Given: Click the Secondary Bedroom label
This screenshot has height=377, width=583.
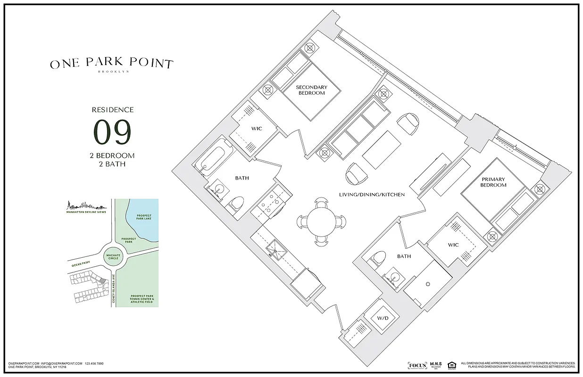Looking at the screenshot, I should pyautogui.click(x=311, y=90).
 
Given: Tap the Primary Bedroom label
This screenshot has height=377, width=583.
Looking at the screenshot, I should pyautogui.click(x=493, y=182).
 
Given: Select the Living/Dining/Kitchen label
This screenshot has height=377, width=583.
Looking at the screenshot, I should pyautogui.click(x=372, y=194).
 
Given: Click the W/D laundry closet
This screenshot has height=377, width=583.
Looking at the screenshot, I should pyautogui.click(x=383, y=318).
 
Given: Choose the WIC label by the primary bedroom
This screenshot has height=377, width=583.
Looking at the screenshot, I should pyautogui.click(x=453, y=245).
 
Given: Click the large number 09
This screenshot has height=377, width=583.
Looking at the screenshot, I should pyautogui.click(x=112, y=132).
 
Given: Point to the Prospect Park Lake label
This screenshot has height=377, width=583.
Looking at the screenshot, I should pyautogui.click(x=144, y=218).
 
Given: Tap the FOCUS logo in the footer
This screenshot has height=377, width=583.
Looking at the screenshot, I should pyautogui.click(x=417, y=365).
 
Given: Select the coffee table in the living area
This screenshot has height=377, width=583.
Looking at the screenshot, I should pyautogui.click(x=381, y=149).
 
